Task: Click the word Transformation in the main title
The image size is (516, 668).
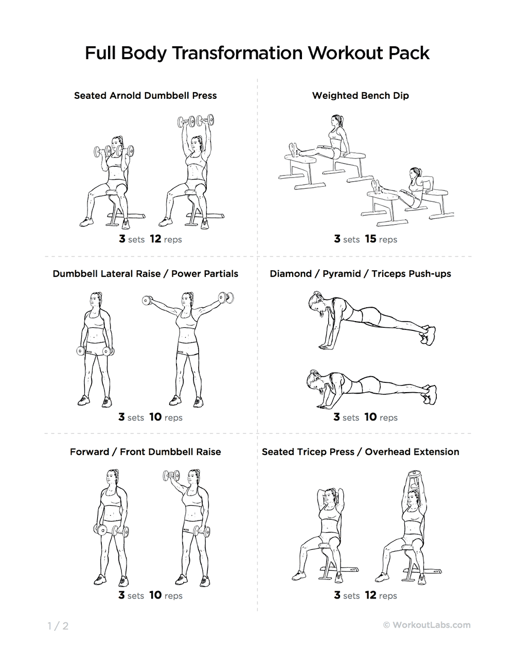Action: click(237, 53)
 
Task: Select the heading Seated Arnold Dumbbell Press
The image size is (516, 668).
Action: click(146, 96)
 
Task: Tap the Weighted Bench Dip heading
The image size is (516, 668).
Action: click(361, 96)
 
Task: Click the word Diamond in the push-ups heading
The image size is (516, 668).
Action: click(291, 274)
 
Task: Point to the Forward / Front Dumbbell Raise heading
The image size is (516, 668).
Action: click(146, 451)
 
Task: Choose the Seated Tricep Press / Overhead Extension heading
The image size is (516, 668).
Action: click(361, 451)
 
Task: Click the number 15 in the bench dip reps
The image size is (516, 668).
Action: click(370, 239)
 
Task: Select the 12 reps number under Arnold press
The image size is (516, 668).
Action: click(155, 239)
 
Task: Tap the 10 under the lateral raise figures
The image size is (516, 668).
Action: click(155, 417)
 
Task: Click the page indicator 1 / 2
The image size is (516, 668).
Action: click(58, 626)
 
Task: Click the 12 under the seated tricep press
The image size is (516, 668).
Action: click(370, 595)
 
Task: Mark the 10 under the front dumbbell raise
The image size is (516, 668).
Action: click(155, 595)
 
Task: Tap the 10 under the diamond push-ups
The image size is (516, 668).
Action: click(370, 417)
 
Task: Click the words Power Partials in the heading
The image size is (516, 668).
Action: click(205, 274)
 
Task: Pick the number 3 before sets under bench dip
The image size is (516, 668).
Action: click(337, 239)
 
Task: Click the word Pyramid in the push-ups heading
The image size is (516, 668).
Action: click(342, 274)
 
